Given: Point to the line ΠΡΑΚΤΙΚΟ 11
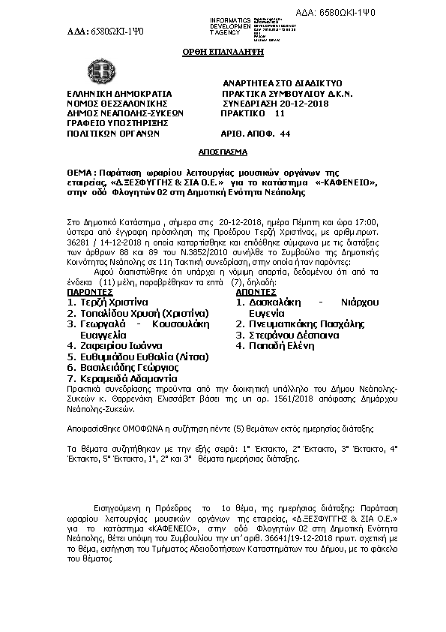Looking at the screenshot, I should (253, 113).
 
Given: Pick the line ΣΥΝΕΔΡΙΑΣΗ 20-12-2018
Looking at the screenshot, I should (265, 104).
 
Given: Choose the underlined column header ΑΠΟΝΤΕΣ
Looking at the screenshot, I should (259, 291).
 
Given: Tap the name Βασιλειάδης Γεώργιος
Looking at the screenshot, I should (122, 369).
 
